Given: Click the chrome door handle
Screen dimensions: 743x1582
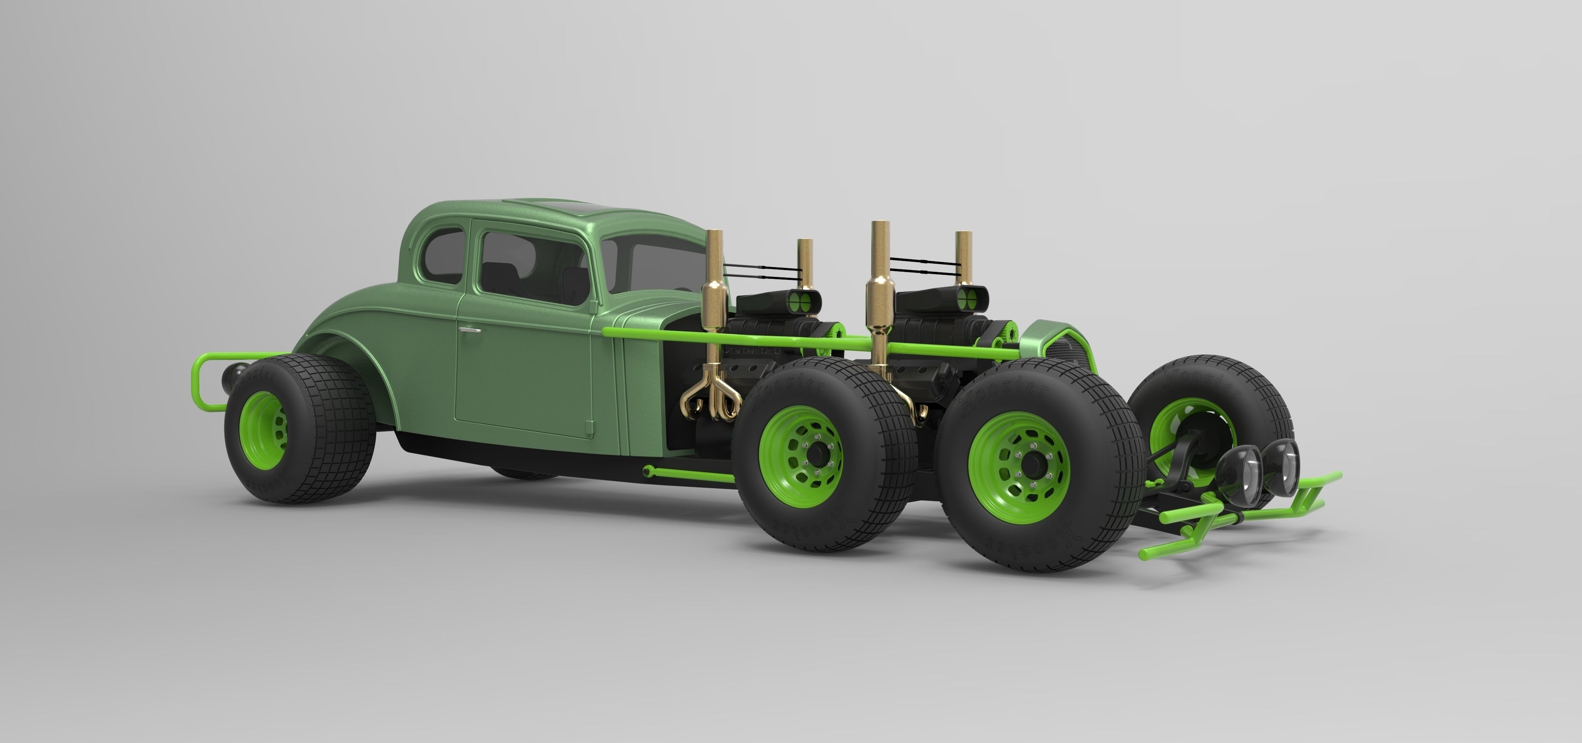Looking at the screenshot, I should point(470,331).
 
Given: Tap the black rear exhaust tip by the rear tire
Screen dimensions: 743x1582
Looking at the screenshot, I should point(235,372).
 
